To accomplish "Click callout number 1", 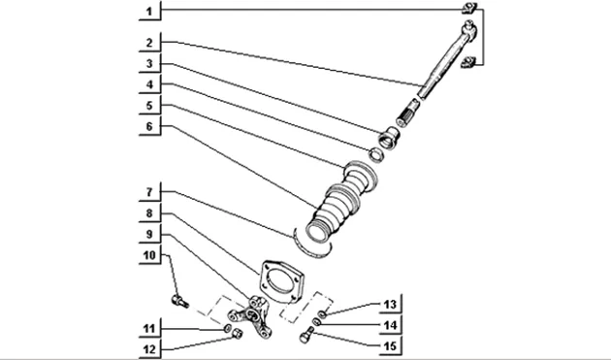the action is pos(149,12).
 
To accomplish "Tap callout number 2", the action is pos(149,43).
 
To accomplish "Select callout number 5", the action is pos(149,106).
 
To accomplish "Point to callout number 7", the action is pos(149,192).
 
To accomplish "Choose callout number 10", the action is pos(149,255).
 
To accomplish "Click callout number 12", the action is pos(149,349).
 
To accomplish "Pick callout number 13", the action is pos(390,305).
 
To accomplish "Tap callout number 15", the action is pos(390,346).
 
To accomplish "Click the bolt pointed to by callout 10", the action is pos(179,301).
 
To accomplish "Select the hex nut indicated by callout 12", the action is pos(237,334).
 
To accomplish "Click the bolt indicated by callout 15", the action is pos(307,335).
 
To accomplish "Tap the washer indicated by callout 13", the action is pos(322,314).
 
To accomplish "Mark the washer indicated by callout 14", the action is pos(317,322).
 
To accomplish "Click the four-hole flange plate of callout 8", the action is pos(281,281).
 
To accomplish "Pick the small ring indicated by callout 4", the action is pos(376,154).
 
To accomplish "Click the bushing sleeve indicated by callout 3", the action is pos(389,138).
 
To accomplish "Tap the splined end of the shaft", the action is pos(407,113).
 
